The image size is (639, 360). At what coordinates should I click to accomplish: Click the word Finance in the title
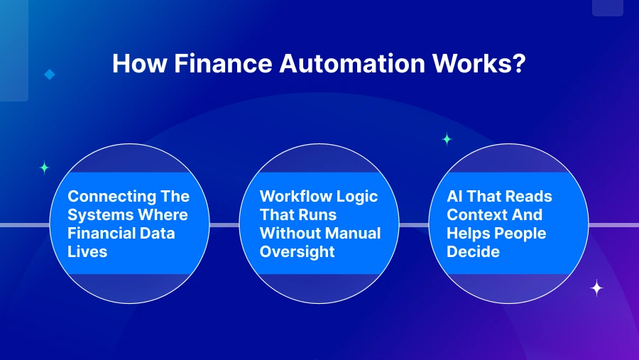click(223, 64)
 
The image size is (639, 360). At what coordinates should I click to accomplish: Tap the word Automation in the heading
click(352, 64)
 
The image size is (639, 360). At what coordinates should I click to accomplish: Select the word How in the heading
click(139, 64)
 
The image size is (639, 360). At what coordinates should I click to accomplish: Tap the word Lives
click(87, 251)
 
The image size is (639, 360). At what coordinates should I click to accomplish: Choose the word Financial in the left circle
click(101, 233)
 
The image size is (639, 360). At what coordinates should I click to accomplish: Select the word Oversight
click(297, 252)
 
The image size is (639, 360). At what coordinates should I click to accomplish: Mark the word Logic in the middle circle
click(359, 197)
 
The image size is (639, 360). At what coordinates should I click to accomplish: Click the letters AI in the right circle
click(454, 196)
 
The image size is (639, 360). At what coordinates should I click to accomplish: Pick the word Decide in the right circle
click(473, 251)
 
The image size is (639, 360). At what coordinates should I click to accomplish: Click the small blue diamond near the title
click(50, 75)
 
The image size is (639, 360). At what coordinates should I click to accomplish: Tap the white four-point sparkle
click(596, 288)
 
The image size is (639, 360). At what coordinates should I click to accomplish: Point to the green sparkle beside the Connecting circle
click(45, 168)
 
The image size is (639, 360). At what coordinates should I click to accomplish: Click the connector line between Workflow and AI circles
click(414, 225)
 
